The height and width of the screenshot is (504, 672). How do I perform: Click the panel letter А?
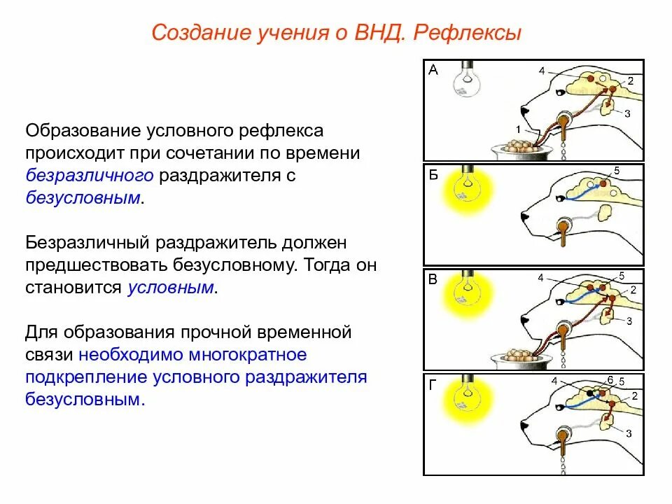(433, 69)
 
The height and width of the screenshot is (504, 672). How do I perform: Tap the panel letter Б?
(433, 175)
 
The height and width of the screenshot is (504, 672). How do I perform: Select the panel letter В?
(433, 280)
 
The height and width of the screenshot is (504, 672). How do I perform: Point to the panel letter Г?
(433, 384)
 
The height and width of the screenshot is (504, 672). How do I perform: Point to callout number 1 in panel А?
(518, 129)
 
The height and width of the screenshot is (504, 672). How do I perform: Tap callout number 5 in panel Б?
(617, 171)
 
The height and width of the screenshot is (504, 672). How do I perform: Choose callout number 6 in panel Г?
(610, 379)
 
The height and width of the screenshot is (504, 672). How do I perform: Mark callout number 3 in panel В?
(629, 321)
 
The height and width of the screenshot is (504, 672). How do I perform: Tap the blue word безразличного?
(90, 175)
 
